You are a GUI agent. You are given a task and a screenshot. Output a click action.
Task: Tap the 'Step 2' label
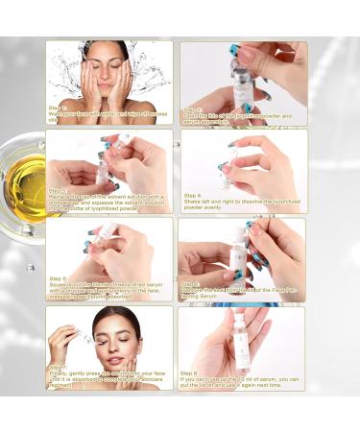click(192, 109)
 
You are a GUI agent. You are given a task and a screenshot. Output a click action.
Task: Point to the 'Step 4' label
click(192, 192)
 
